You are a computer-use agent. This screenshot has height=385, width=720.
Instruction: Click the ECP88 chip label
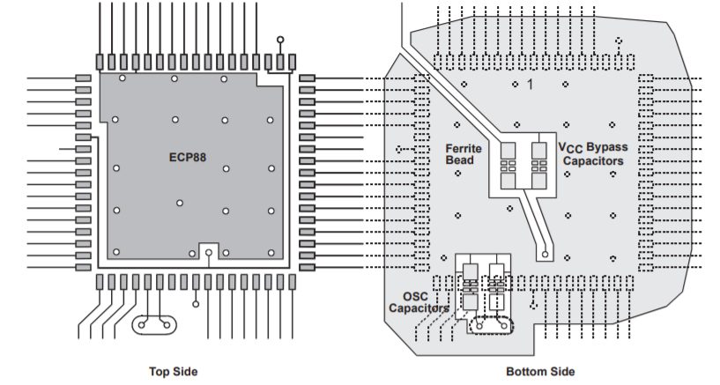pyautogui.click(x=188, y=159)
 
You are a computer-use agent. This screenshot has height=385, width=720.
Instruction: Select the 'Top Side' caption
pyautogui.click(x=172, y=371)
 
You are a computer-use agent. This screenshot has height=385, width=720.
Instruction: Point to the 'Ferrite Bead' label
pyautogui.click(x=464, y=155)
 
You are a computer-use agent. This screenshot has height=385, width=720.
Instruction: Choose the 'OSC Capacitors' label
pyautogui.click(x=419, y=302)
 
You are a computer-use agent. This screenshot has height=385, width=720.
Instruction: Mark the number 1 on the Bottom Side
pyautogui.click(x=531, y=85)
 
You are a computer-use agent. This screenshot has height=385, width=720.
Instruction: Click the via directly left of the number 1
pyautogui.click(x=516, y=85)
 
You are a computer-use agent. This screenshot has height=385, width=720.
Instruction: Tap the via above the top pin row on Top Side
pyautogui.click(x=281, y=41)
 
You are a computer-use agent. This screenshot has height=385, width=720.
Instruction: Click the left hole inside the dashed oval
pyautogui.click(x=479, y=325)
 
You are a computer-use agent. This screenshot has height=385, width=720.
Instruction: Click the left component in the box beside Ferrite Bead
pyautogui.click(x=508, y=165)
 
